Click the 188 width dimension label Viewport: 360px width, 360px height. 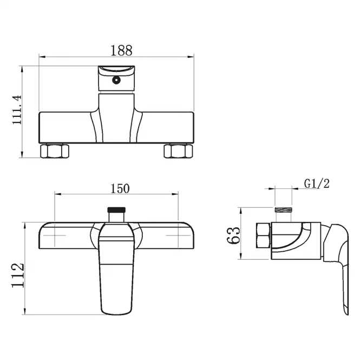click(x=121, y=50)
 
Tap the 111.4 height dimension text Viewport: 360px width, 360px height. click(x=17, y=110)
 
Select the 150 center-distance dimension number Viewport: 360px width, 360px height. click(x=120, y=188)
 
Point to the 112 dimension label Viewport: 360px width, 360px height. click(x=18, y=276)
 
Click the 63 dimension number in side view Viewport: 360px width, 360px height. click(x=233, y=235)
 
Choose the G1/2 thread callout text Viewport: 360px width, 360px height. click(x=317, y=184)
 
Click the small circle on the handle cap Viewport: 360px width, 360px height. click(x=116, y=80)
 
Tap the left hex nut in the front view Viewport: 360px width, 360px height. click(x=55, y=151)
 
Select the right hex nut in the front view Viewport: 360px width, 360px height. click(x=179, y=151)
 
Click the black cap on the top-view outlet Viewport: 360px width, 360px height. click(x=116, y=210)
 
